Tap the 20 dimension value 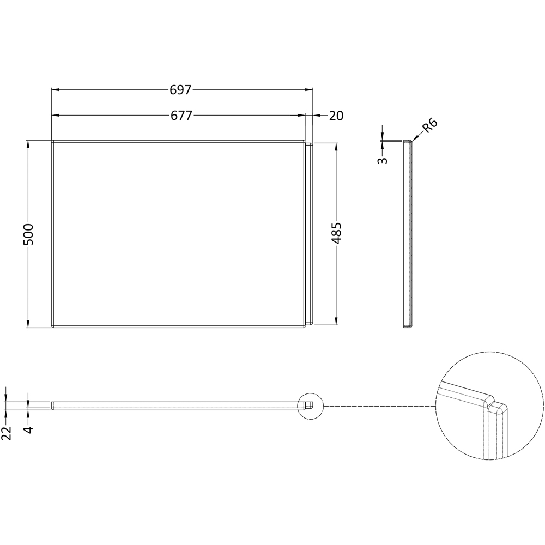336,116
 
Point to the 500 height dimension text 29,234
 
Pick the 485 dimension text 336,233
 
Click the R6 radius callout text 430,126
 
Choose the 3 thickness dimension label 383,160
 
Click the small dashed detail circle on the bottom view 311,405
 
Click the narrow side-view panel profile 408,234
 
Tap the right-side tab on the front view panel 309,234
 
